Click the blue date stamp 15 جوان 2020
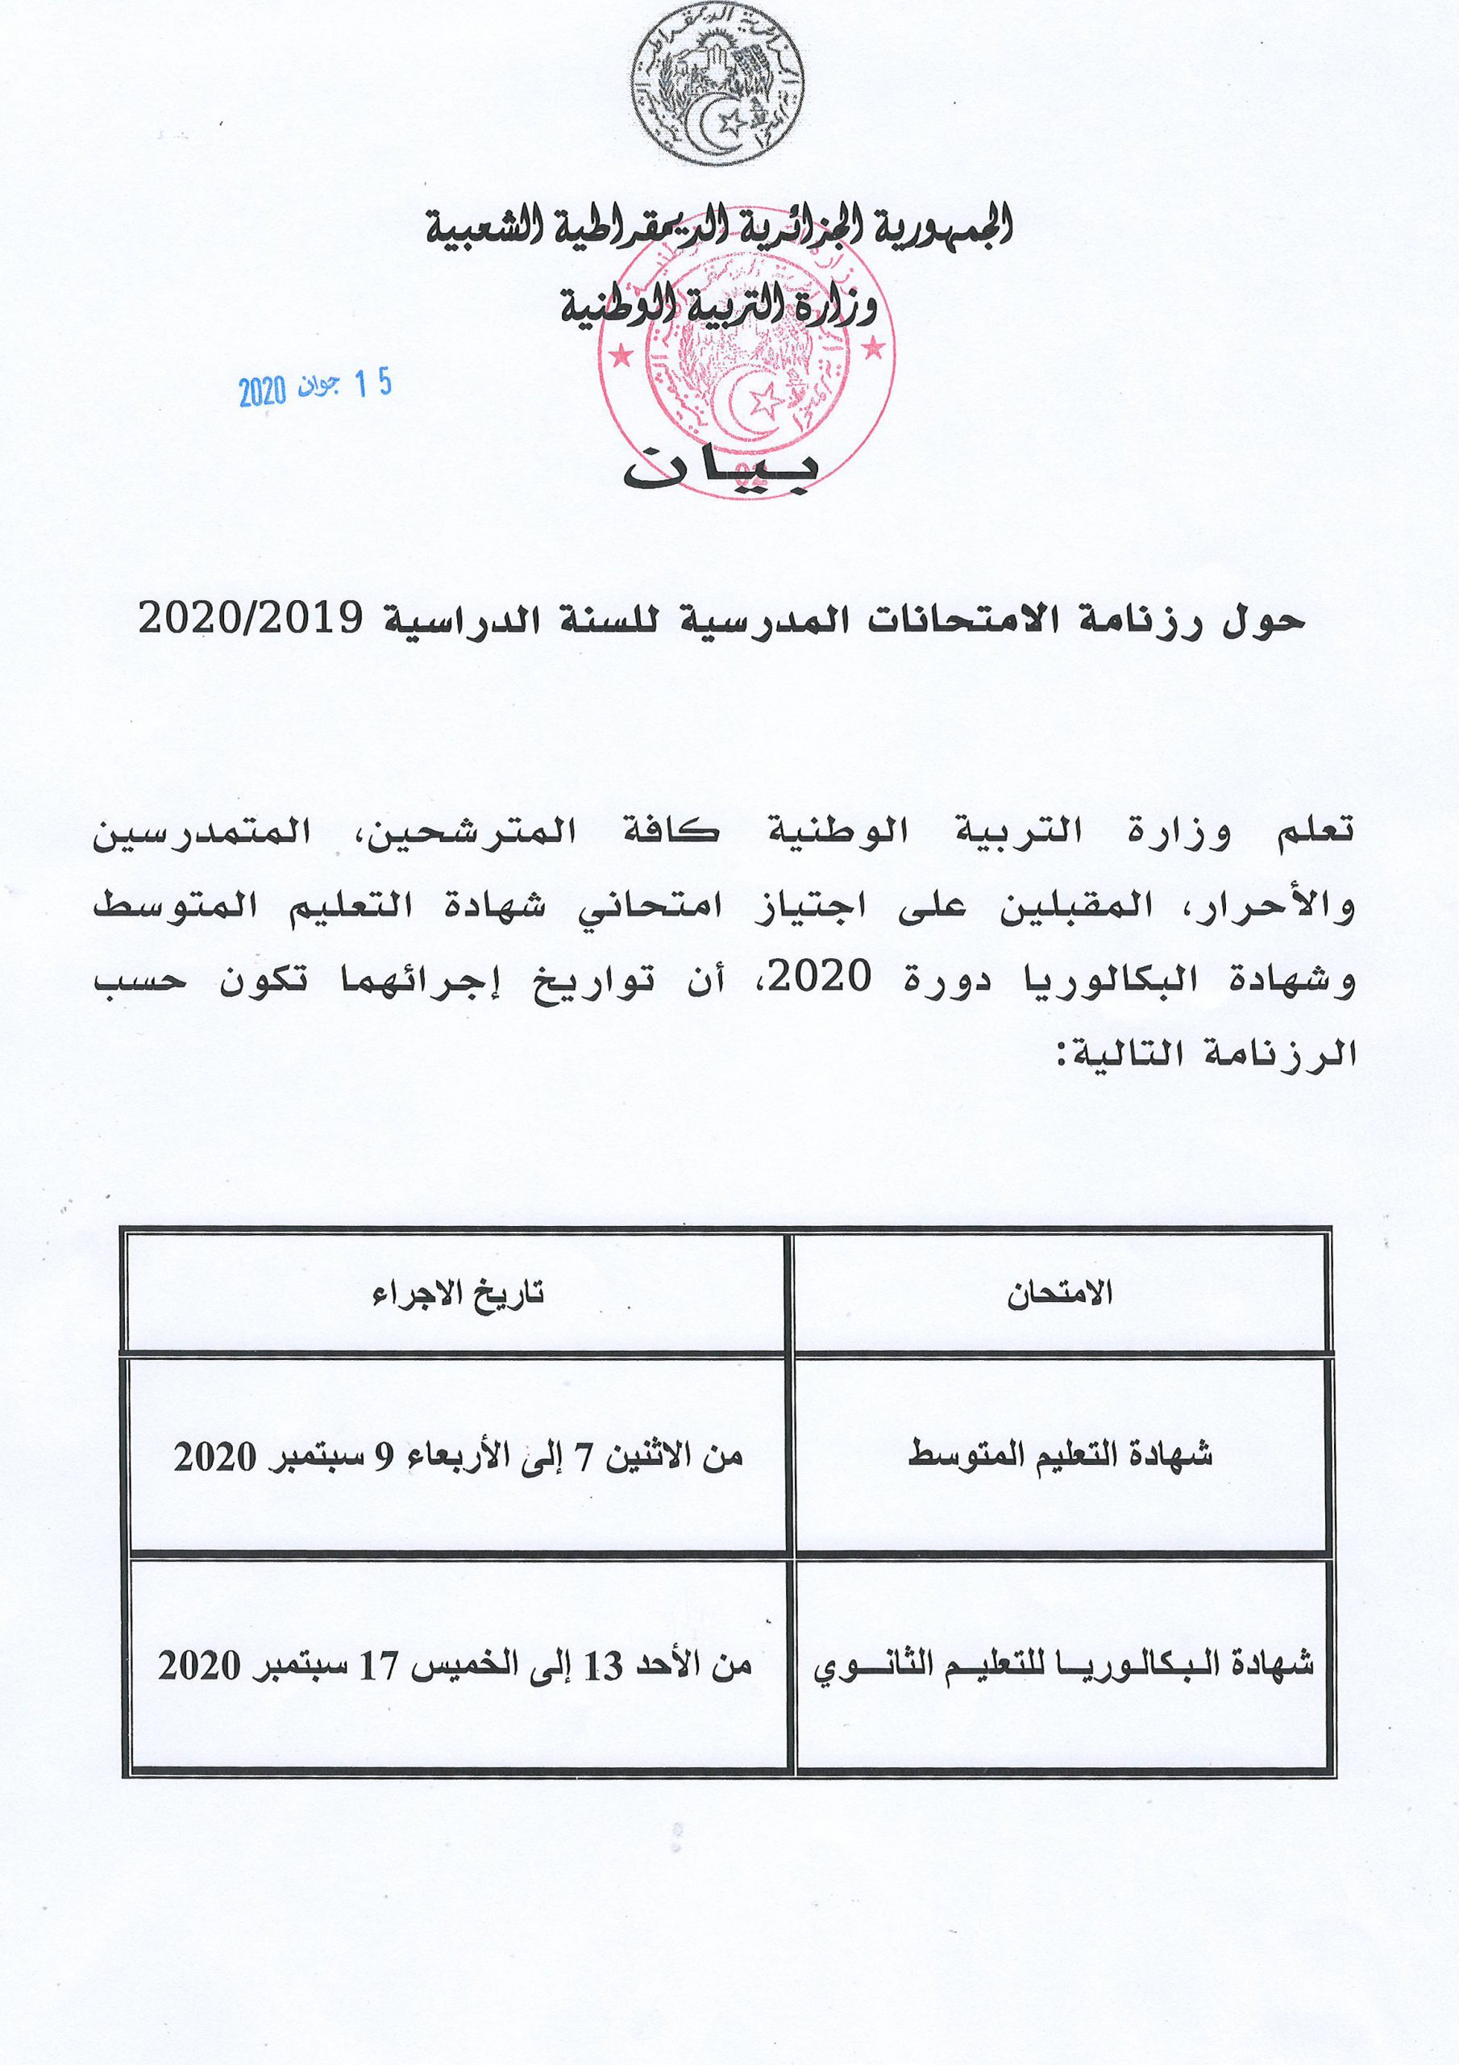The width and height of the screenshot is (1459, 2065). point(314,389)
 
